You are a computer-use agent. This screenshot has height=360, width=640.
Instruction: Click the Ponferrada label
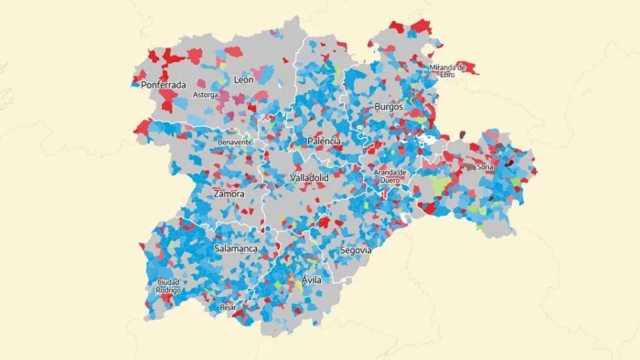click(x=164, y=85)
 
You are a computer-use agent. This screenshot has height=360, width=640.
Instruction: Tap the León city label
click(x=243, y=80)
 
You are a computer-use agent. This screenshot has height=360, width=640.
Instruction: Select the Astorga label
click(x=205, y=95)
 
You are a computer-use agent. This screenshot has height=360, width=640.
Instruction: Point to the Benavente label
click(x=235, y=143)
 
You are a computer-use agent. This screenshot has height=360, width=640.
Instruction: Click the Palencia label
click(x=325, y=142)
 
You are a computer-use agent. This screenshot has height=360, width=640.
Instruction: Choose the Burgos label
click(x=389, y=107)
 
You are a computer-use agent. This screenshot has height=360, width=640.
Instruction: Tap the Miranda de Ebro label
click(x=448, y=70)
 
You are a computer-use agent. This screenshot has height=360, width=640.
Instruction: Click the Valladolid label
click(x=309, y=177)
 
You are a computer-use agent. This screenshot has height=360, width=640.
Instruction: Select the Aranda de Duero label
click(x=389, y=176)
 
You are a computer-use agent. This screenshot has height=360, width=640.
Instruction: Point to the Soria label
click(x=485, y=167)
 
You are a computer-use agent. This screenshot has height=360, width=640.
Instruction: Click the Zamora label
click(x=229, y=194)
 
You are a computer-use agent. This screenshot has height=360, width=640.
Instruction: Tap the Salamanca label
click(x=236, y=249)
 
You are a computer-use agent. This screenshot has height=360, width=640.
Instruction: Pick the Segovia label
click(x=355, y=249)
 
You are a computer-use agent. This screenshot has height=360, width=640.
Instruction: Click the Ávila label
click(x=311, y=280)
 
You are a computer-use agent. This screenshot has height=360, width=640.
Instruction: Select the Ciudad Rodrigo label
click(x=168, y=286)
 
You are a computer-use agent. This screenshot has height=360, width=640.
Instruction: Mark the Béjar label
click(x=229, y=307)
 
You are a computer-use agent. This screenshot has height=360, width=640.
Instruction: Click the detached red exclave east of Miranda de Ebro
click(x=467, y=68)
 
